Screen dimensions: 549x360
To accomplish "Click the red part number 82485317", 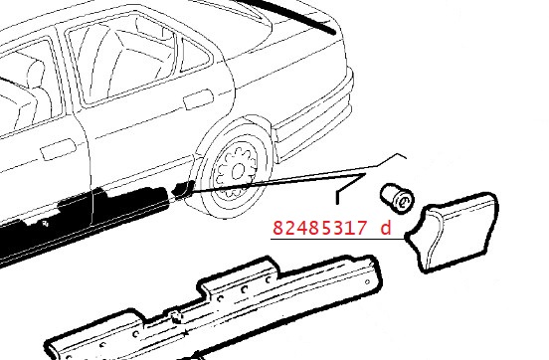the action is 319,228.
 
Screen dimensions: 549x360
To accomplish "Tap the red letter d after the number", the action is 385,228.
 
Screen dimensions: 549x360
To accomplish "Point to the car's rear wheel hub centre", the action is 238,172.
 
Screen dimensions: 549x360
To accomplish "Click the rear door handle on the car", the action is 198,98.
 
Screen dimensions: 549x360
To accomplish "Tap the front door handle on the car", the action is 58,149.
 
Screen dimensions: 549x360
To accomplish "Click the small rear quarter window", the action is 194,56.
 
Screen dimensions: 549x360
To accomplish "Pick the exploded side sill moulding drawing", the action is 214,308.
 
